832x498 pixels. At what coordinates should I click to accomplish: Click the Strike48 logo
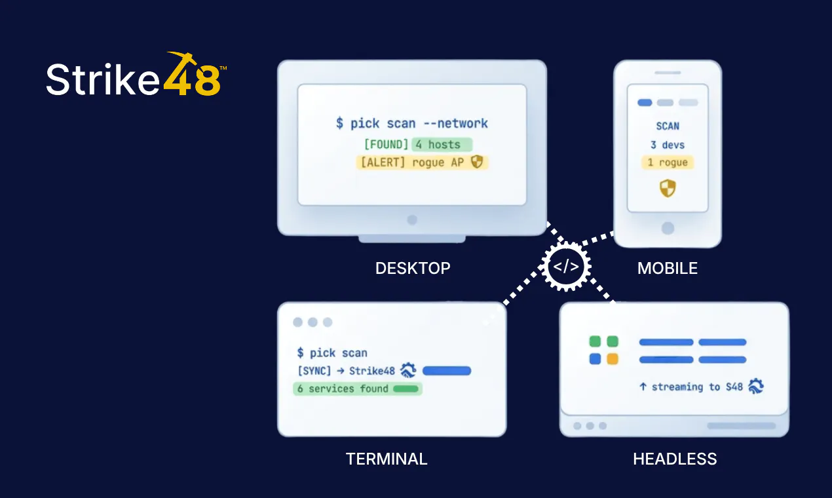[136, 74]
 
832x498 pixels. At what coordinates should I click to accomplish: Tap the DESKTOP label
[413, 268]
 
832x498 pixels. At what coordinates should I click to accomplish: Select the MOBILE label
[668, 268]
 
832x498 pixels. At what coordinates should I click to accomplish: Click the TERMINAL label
[387, 459]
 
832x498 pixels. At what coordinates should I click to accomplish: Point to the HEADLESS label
[675, 459]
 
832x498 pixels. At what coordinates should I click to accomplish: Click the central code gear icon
[565, 267]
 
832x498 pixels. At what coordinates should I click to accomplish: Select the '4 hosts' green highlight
[442, 144]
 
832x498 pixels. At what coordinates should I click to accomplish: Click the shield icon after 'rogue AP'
[477, 162]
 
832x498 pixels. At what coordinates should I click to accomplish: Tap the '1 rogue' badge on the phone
[668, 163]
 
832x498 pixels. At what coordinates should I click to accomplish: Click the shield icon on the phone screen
[668, 188]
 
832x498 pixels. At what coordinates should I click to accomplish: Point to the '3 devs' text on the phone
[668, 145]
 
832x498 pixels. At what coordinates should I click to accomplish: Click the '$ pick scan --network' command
[412, 123]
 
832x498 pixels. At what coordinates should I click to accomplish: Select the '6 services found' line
[357, 389]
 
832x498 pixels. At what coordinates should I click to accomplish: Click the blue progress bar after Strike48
[447, 370]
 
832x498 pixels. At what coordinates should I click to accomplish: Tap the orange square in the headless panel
[613, 359]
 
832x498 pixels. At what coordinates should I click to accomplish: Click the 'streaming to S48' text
[697, 387]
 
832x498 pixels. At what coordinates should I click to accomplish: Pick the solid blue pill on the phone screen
[645, 103]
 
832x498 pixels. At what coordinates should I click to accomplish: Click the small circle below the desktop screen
[412, 220]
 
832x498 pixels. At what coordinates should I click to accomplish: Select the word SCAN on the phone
[668, 126]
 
